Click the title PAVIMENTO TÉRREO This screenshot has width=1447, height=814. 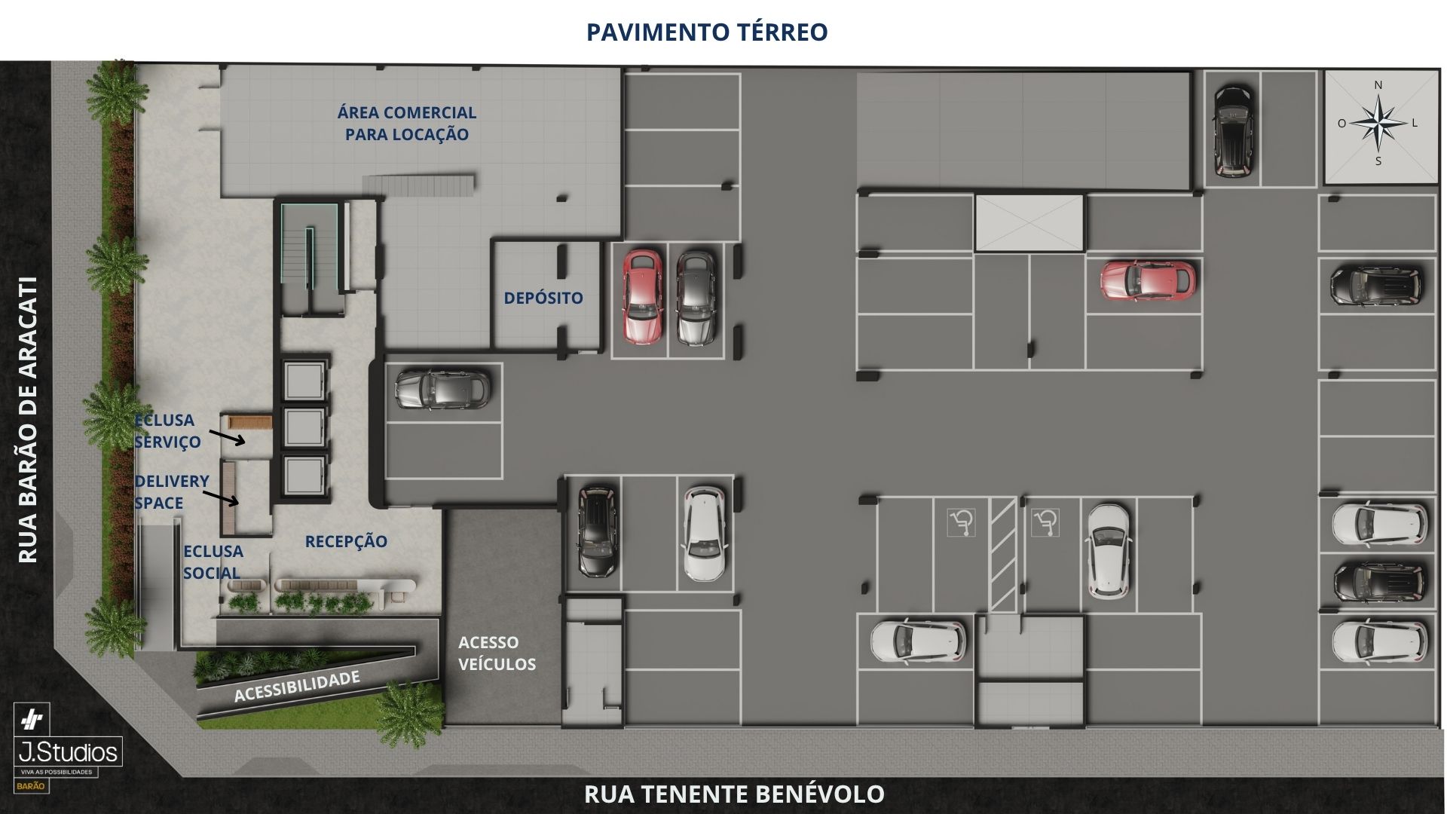pos(707,32)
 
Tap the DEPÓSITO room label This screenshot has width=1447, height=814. pos(543,298)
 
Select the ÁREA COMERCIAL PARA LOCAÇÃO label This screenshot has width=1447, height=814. pos(407,124)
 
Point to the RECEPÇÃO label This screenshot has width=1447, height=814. pos(346,541)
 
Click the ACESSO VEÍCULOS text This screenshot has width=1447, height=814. pos(497,653)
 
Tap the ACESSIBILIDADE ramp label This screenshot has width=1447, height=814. pos(297,687)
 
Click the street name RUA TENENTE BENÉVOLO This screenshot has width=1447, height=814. pos(734,794)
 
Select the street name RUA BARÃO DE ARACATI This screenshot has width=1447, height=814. pos(28,420)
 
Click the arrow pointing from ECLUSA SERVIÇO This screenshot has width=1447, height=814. pos(227,437)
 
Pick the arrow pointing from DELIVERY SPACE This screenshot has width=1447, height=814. pos(222,497)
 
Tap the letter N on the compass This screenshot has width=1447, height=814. pos(1378,85)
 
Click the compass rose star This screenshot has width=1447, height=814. pos(1378,123)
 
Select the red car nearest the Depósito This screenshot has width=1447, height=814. pos(642,296)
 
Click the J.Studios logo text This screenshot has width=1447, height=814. pos(69,752)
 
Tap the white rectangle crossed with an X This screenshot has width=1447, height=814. pos(1029,222)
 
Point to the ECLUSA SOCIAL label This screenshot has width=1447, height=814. pos(213,562)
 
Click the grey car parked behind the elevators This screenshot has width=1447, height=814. pos(442,389)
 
